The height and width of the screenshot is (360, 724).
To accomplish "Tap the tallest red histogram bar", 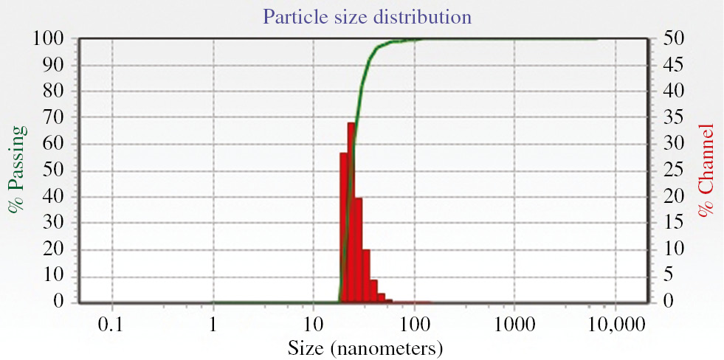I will click(351, 214).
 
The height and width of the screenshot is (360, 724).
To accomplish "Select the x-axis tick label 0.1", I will click(112, 324).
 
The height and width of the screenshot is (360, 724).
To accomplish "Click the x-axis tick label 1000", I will click(515, 324).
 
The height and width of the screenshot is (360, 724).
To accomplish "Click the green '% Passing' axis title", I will click(16, 169).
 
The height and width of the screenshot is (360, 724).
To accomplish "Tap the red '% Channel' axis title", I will click(707, 170).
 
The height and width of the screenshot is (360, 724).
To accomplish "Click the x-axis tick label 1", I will click(213, 324).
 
